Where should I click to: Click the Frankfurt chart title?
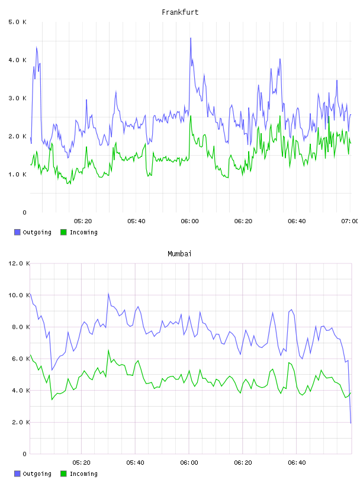(180, 12)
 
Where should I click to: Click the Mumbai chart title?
(179, 253)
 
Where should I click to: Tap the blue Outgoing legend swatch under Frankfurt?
(17, 232)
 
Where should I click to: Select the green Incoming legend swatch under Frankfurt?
(63, 232)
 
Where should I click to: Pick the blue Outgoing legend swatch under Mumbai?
(17, 474)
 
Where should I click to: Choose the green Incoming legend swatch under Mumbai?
(63, 474)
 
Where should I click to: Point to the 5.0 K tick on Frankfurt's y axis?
(17, 22)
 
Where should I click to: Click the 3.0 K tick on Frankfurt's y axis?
(17, 98)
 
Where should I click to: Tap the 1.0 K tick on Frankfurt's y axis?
(17, 175)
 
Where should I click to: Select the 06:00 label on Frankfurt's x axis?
(189, 221)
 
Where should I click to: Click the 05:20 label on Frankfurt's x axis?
(83, 221)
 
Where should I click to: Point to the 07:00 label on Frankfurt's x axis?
(349, 221)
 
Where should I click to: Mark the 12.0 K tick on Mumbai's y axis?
(19, 263)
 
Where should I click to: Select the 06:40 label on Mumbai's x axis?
(297, 462)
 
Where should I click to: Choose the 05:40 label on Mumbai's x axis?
(135, 462)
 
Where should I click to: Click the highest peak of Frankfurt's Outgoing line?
(191, 38)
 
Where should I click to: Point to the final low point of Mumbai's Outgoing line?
(351, 423)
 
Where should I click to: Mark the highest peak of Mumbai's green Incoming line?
(108, 350)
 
